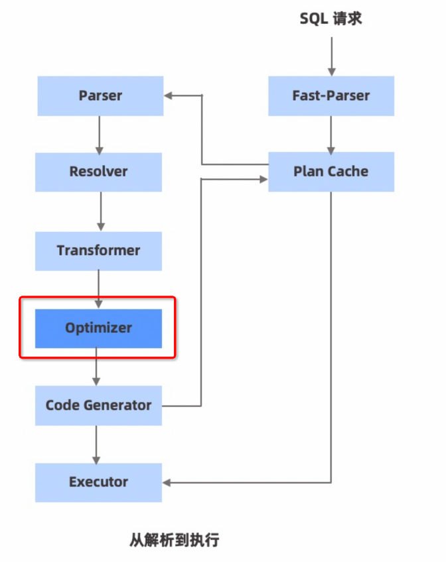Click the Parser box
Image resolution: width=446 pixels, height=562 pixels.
pos(100,95)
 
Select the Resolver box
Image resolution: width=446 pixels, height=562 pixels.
pos(98,172)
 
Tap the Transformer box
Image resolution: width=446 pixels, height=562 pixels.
pos(98,251)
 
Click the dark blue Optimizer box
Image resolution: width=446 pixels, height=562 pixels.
pos(98,328)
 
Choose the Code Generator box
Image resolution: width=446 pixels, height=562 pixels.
pos(98,405)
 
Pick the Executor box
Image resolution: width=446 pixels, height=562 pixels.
pos(98,482)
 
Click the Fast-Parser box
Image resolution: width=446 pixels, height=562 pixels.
pos(331,95)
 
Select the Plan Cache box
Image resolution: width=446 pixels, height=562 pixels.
pos(331,172)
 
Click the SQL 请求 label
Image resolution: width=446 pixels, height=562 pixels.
pos(331,19)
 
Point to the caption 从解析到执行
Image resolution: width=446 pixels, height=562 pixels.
pos(174,539)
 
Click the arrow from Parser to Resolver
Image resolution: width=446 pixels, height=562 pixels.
pos(100,134)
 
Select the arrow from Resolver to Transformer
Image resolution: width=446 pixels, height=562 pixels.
pos(100,211)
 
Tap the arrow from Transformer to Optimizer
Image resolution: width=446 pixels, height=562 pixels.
pos(99,289)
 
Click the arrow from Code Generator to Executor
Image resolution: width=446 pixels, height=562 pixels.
pos(97,444)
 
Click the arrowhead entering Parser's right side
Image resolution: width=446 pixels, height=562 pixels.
pos(169,95)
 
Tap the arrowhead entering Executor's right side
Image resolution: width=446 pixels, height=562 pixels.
pos(167,482)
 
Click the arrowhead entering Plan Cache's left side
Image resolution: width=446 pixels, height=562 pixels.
pos(263,178)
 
